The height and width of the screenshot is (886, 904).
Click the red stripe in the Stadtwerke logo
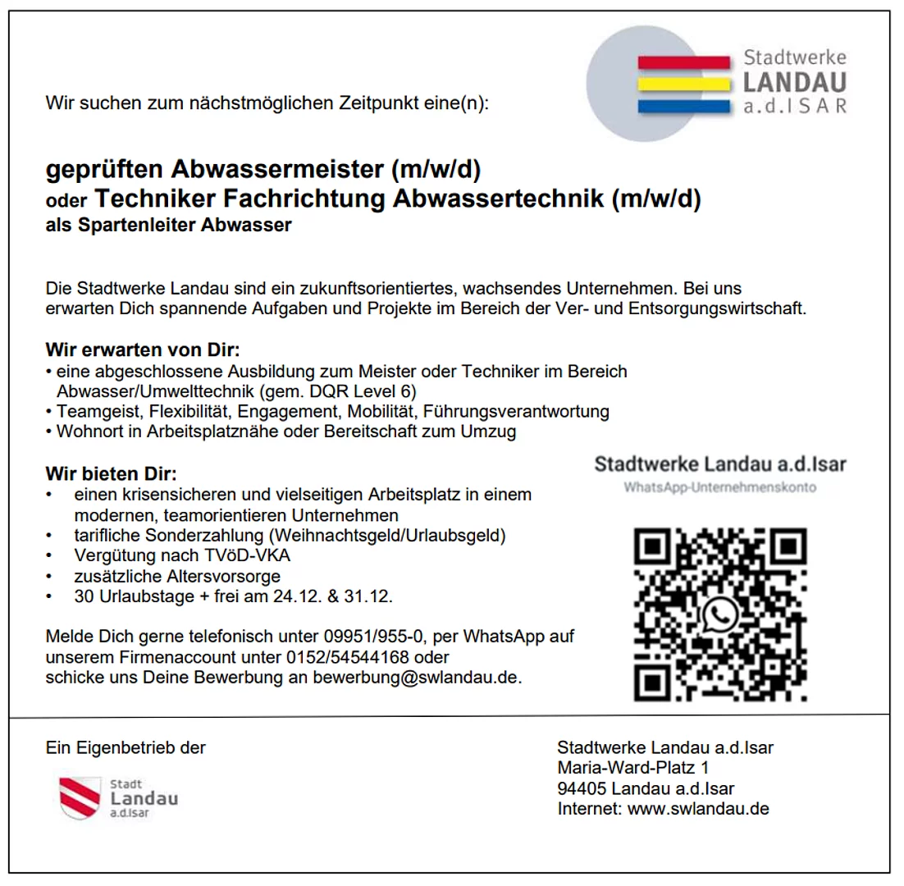[683, 62]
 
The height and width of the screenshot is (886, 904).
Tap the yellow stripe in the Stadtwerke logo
[683, 84]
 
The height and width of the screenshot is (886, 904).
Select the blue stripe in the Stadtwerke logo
[683, 105]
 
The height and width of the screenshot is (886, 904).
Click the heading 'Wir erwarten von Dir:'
[143, 350]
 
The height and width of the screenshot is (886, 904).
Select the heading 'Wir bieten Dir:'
[111, 474]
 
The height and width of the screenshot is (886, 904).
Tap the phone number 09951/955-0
[379, 636]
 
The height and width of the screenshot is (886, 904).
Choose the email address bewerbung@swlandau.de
[417, 678]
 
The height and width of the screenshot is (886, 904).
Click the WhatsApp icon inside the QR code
[720, 614]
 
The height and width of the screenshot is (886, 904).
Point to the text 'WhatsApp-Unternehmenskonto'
[719, 487]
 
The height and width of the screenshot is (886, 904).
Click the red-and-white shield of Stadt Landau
[80, 797]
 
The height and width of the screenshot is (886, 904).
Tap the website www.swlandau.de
[698, 809]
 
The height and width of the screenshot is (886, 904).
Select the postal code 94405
[582, 788]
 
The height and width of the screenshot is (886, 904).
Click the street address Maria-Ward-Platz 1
[632, 768]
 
